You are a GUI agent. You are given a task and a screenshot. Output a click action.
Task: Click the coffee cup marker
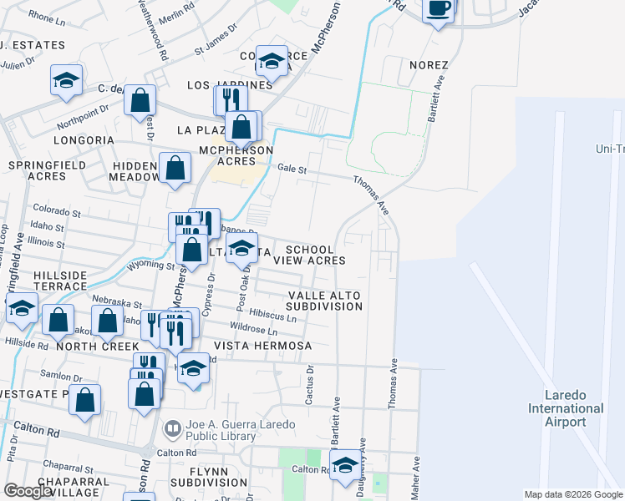pyautogui.click(x=439, y=9)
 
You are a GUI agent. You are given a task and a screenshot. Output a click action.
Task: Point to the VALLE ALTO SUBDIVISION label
pyautogui.click(x=326, y=301)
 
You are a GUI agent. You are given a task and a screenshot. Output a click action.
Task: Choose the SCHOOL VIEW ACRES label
pyautogui.click(x=315, y=255)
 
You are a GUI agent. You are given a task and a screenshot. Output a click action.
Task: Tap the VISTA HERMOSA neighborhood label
pyautogui.click(x=262, y=346)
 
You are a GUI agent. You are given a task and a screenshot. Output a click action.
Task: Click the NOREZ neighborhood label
pyautogui.click(x=429, y=65)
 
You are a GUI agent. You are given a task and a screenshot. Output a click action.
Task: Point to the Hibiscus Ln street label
pyautogui.click(x=272, y=317)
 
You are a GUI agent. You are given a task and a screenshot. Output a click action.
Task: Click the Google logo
pyautogui.click(x=28, y=491)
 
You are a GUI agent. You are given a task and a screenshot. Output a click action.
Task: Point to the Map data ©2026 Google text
pyautogui.click(x=572, y=494)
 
